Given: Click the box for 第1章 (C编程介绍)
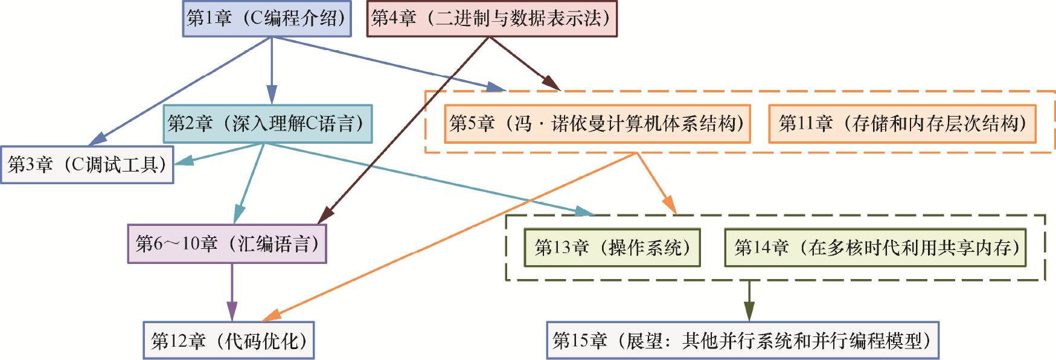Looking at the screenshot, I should [267, 19].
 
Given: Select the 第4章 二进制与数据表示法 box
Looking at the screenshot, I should [492, 19].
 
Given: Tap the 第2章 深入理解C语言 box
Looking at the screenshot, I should [267, 124].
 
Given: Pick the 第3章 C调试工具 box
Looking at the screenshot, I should [87, 165].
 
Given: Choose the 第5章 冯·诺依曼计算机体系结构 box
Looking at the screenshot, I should [597, 124].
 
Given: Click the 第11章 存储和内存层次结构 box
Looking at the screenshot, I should [902, 124].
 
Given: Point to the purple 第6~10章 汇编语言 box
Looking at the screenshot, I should [227, 244].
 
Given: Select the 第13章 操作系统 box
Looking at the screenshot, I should [612, 248].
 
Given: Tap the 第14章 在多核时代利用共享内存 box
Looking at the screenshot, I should [875, 248].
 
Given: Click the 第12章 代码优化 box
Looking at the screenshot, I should [229, 341].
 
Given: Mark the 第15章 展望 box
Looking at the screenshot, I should [743, 341].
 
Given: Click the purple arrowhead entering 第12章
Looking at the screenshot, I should [232, 313].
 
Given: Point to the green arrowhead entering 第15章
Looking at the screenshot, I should [749, 312].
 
